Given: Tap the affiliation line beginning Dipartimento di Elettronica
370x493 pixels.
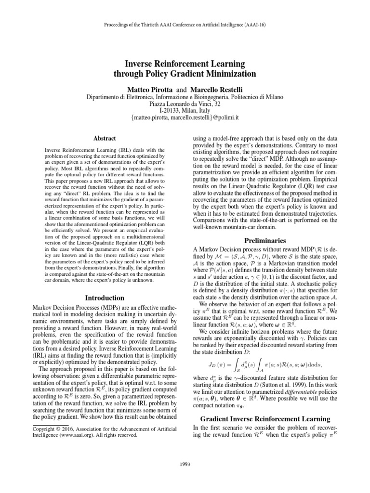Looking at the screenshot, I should [x=185, y=97].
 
